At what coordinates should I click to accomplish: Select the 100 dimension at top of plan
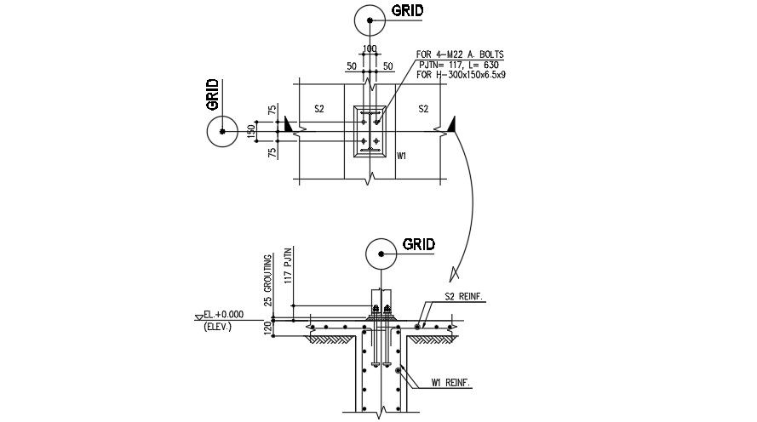(370, 48)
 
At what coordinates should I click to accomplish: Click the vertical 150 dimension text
(251, 132)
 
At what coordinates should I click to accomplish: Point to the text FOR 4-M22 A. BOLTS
(460, 54)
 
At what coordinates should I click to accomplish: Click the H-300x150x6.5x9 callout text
(461, 75)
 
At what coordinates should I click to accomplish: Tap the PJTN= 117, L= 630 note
(459, 65)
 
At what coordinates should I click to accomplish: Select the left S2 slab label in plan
(319, 109)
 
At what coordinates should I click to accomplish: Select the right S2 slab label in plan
(423, 109)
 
